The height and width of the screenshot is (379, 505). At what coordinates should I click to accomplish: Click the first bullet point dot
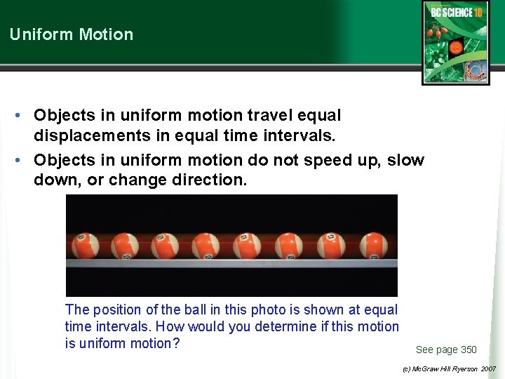click(x=22, y=115)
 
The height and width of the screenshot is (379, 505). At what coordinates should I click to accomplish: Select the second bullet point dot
click(x=22, y=161)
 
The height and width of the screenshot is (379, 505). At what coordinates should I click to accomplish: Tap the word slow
click(x=406, y=160)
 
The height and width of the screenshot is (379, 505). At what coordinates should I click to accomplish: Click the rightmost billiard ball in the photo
click(x=372, y=246)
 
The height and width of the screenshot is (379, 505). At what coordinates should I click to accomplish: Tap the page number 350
click(x=469, y=350)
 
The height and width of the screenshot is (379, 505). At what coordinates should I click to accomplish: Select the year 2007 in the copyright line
click(x=488, y=368)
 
